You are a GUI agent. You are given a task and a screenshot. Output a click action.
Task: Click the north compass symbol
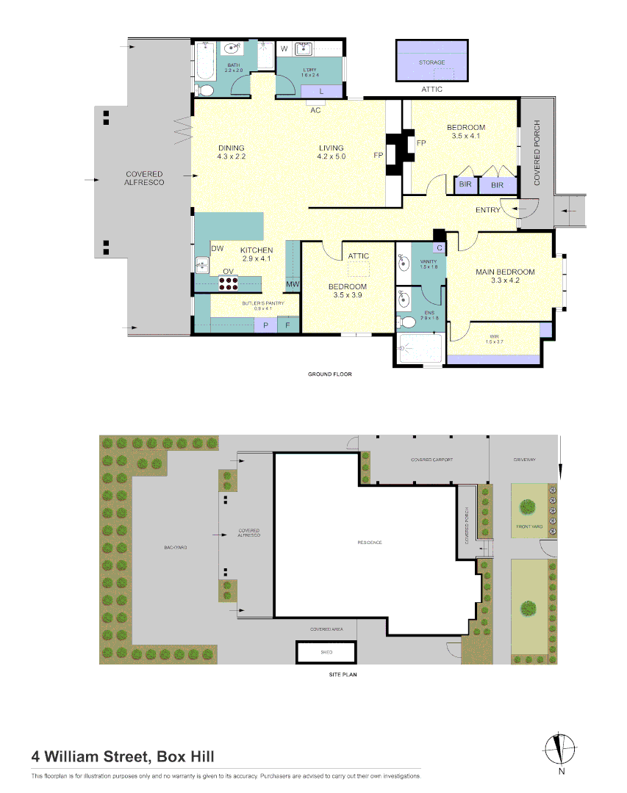point(561,750)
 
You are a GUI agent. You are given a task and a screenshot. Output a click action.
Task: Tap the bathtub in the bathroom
point(206,61)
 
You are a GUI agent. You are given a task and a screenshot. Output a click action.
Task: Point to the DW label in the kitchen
point(218,249)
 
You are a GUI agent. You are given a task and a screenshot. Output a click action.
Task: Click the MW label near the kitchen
point(293,285)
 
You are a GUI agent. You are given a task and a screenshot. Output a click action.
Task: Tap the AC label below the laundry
point(315,110)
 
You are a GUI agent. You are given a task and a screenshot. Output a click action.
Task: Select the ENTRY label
point(488,210)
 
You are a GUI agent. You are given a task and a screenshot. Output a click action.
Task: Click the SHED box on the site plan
point(326,651)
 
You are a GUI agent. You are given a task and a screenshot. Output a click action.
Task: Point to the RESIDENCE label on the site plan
point(370,543)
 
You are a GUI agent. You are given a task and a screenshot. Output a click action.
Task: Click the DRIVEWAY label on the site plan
point(525,460)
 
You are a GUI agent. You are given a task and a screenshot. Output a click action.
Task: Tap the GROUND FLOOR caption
point(329,374)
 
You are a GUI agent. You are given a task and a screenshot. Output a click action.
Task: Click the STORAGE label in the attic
point(431,62)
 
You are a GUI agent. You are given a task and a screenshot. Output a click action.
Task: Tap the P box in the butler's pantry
point(265,325)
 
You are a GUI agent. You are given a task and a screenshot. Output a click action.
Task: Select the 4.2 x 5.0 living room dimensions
point(331,156)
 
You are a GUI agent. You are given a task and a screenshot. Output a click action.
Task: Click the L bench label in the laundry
point(322,91)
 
